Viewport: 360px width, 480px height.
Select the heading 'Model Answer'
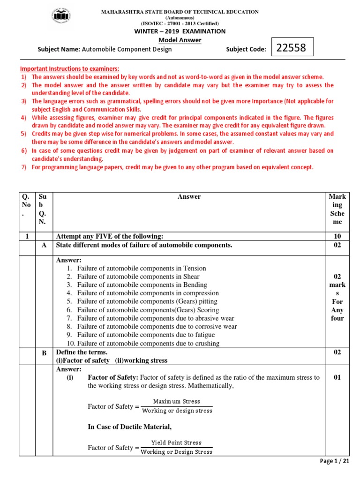coord(180,40)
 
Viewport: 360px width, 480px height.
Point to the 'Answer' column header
coord(189,197)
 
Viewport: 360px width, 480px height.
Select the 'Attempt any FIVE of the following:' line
coord(110,236)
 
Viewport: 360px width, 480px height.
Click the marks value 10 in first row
coord(337,236)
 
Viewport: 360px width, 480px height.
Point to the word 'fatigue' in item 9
coord(204,335)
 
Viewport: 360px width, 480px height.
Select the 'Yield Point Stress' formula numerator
coord(176,443)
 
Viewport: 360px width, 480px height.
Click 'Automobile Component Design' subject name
coord(127,49)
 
